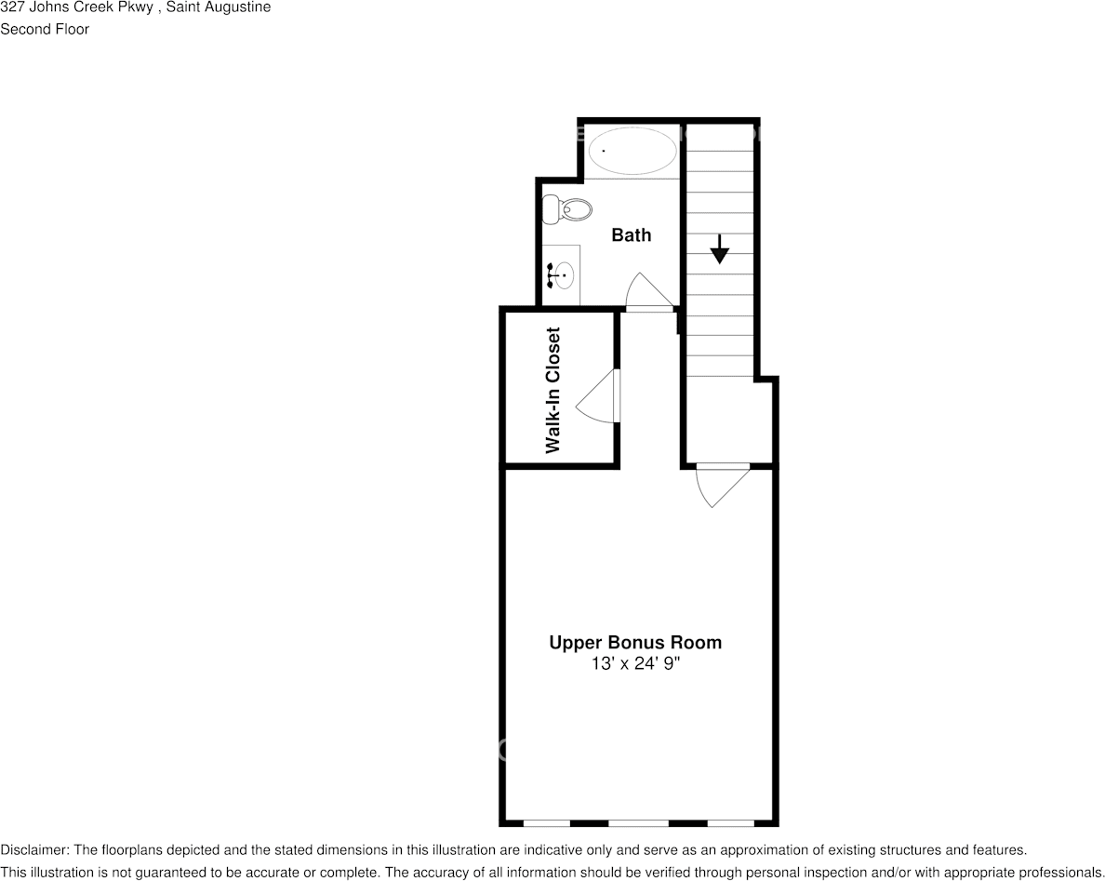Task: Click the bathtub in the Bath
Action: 632,151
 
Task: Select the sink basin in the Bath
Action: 564,275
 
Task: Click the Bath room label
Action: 631,235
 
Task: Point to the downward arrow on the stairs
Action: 719,249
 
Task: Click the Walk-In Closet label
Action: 553,390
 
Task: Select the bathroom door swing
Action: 648,291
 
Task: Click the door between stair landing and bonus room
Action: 722,484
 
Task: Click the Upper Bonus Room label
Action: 635,643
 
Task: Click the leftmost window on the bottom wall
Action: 546,822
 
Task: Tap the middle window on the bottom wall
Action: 638,822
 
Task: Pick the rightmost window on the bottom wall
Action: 730,822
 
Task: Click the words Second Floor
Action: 45,29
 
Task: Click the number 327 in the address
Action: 12,7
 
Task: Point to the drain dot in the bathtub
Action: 604,151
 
